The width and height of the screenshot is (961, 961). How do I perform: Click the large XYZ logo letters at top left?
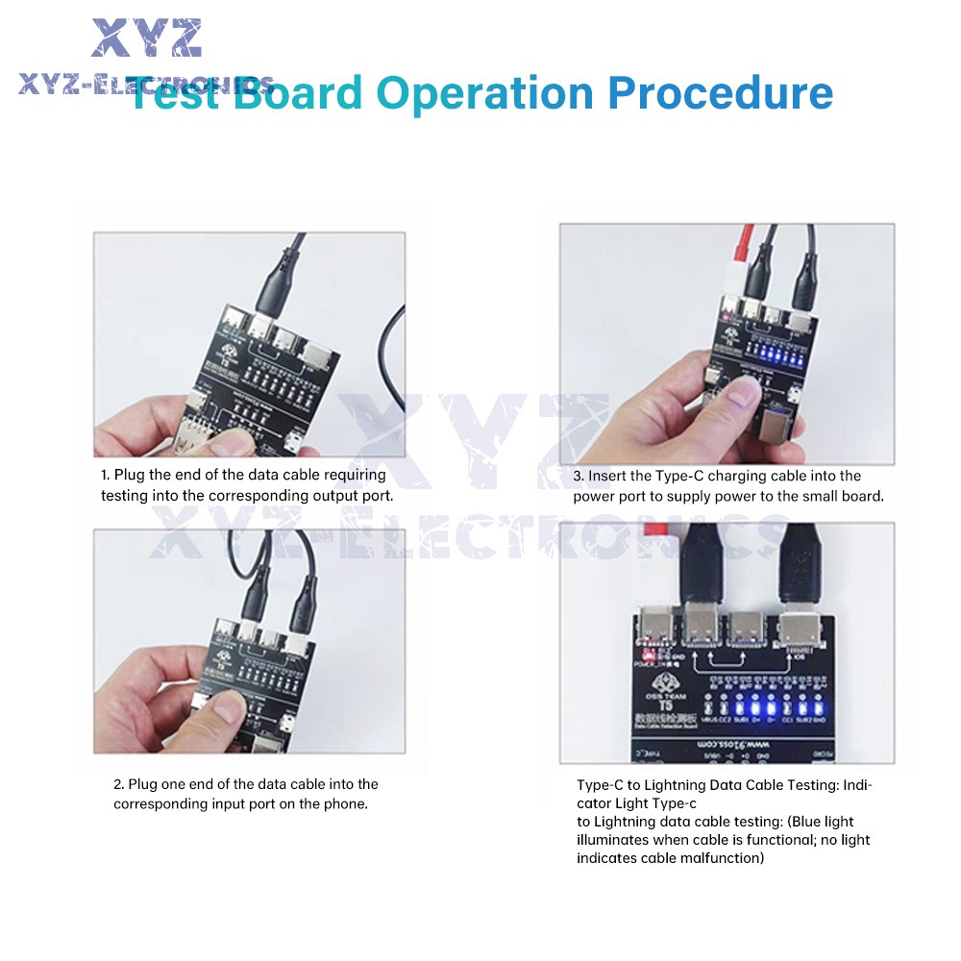pos(146,38)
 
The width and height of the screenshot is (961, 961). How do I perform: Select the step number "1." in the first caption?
pos(106,475)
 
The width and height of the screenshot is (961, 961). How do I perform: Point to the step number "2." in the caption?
pos(119,784)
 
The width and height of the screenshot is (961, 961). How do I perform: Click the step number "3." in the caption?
pos(579,476)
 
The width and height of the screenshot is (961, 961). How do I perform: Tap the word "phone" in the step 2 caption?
pos(345,803)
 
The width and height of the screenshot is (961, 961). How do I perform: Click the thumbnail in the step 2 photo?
pos(223,709)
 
